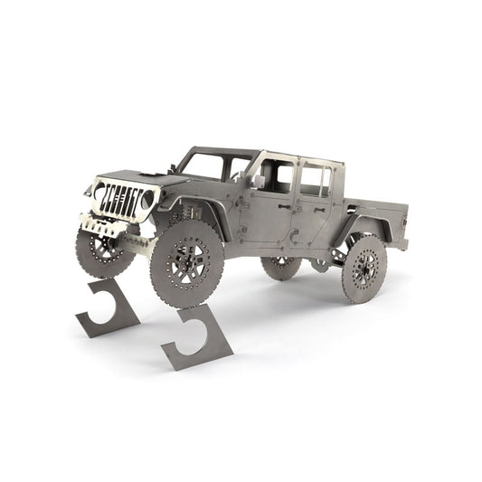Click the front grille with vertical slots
pos(121,201)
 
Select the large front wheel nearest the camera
pos(186,264)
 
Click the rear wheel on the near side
pos(364,268)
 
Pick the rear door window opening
pos(315,180)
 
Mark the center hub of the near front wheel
pos(186,264)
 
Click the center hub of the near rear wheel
pos(365,269)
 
